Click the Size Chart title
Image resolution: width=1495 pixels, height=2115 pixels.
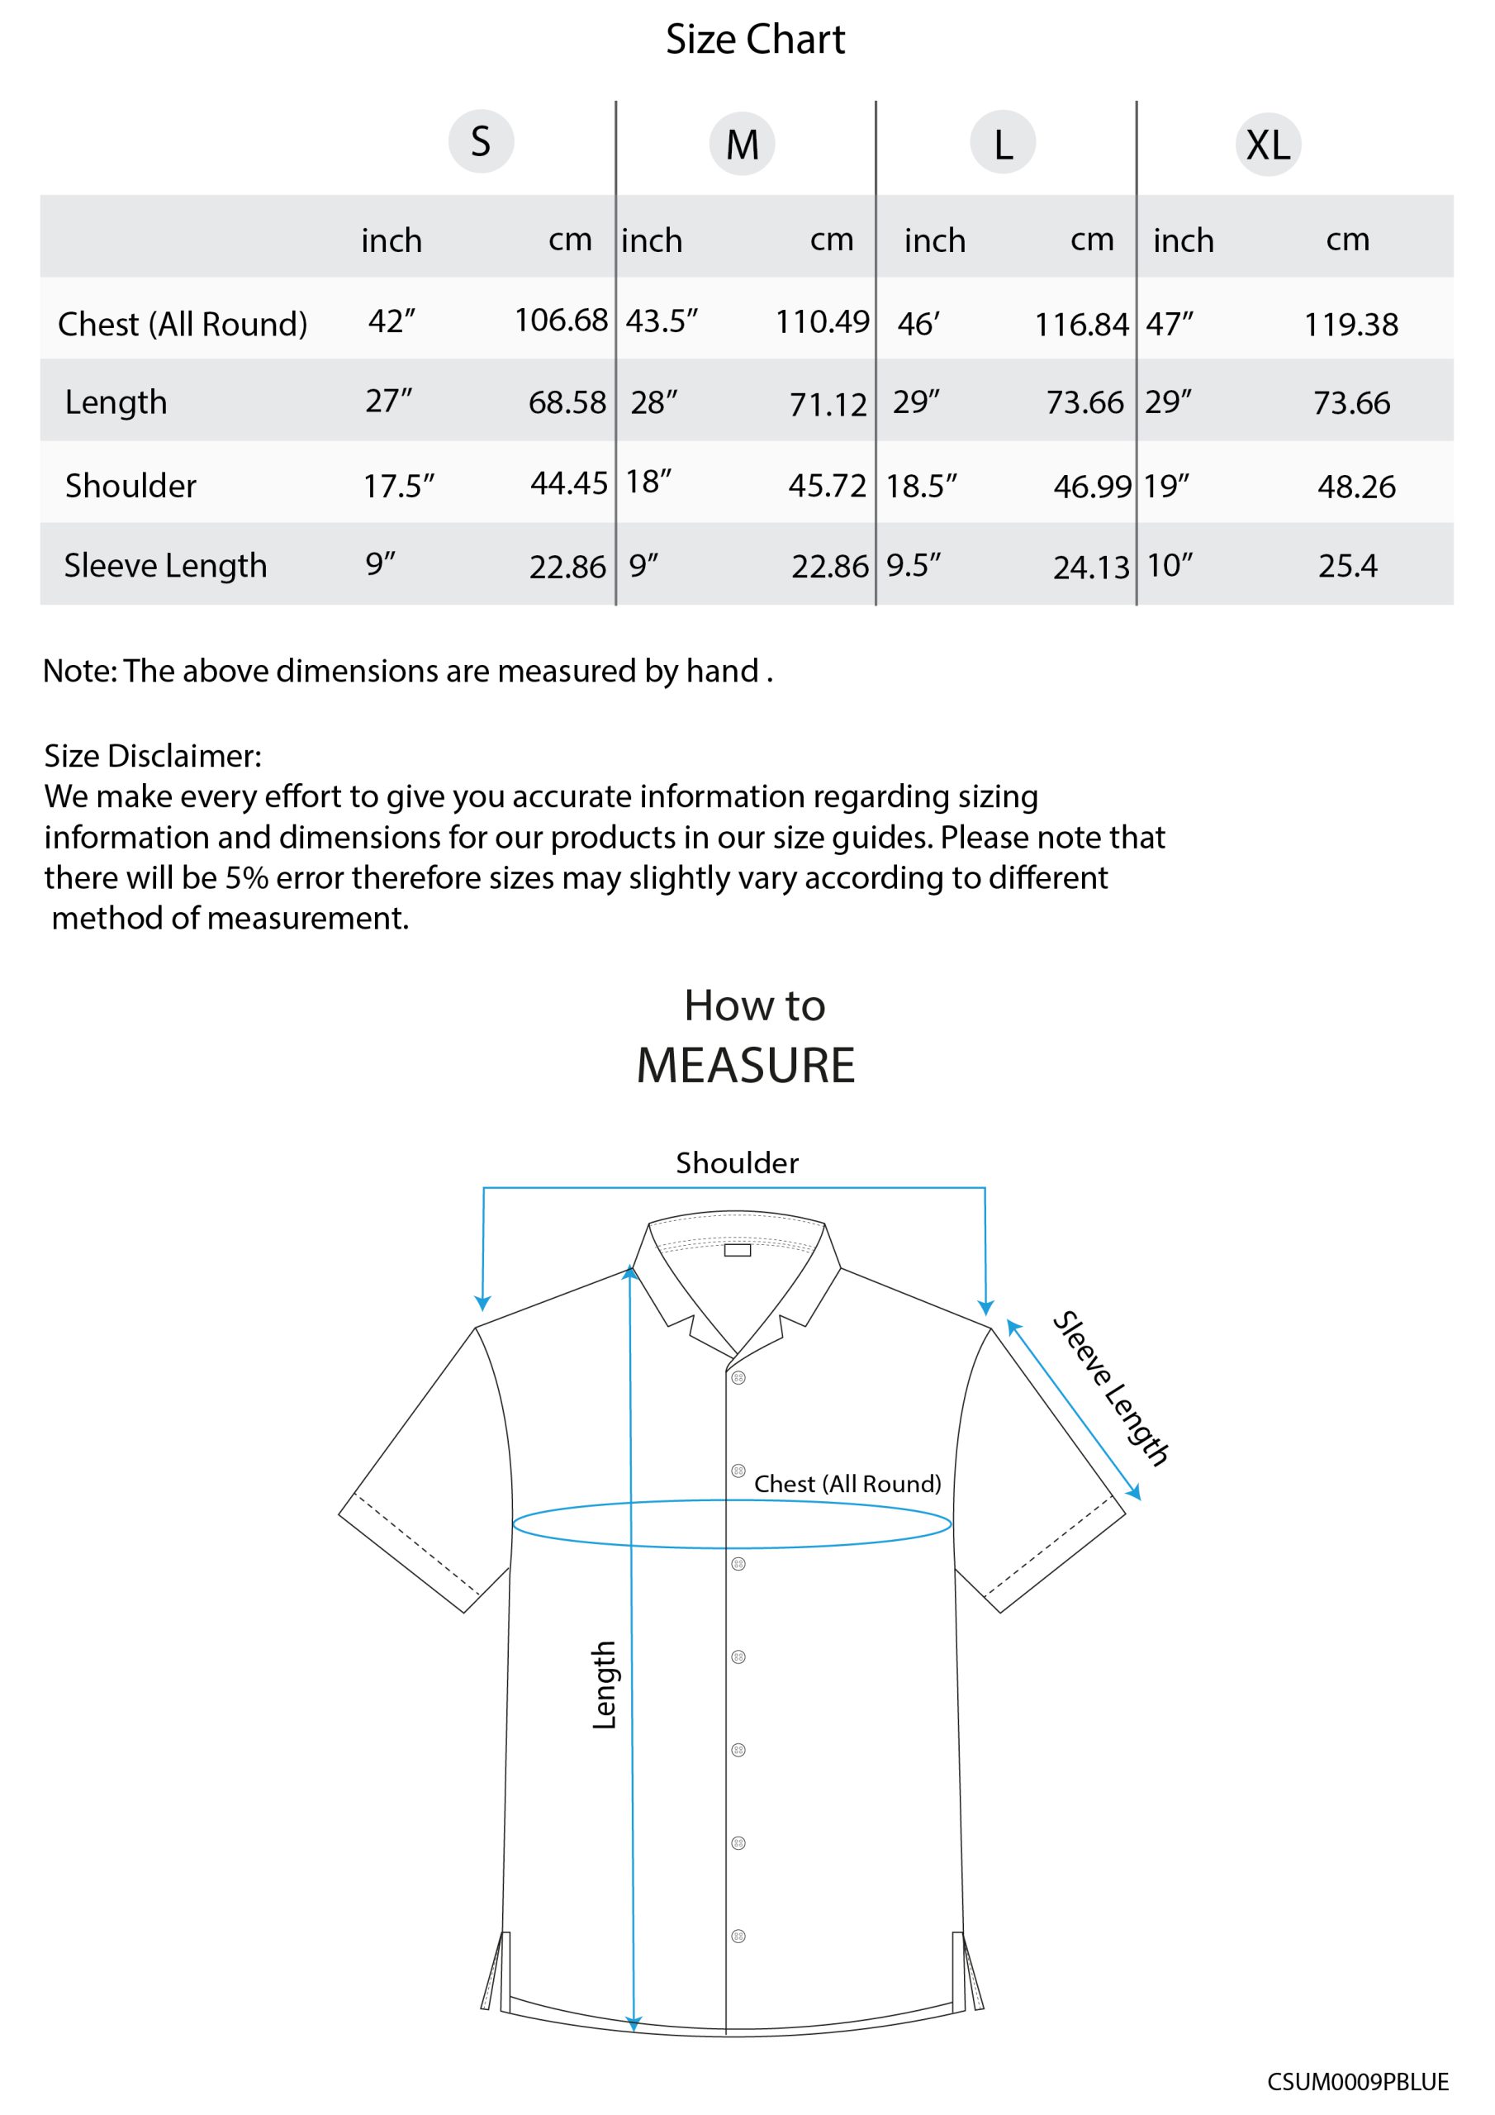754,40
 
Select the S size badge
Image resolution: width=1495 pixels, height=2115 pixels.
481,142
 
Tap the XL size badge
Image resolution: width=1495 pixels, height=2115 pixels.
1268,145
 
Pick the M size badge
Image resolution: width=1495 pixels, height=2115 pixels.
742,145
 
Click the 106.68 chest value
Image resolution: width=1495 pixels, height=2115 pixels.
560,321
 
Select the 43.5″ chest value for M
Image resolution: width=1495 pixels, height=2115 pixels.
662,321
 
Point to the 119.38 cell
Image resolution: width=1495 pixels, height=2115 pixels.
1350,324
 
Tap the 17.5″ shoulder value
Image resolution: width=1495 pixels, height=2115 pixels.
398,486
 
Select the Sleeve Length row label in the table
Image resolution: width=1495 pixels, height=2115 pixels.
165,566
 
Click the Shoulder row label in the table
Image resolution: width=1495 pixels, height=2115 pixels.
130,486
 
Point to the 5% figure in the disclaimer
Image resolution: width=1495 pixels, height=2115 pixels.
246,878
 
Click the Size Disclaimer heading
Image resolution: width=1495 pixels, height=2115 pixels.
153,756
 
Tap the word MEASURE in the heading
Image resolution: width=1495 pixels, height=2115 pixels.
745,1066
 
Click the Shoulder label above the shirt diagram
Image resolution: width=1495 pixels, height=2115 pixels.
737,1163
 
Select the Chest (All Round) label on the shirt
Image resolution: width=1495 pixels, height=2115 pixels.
847,1484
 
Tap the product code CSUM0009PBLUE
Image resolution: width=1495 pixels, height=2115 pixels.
1357,2082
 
